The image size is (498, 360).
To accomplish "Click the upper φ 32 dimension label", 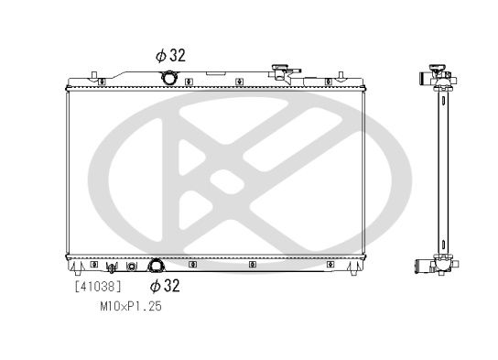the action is pos(170,56).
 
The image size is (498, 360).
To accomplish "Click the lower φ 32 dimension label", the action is pos(165,285).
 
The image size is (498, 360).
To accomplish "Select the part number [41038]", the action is pos(98,287).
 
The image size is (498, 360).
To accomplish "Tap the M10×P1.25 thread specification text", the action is pos(131,306).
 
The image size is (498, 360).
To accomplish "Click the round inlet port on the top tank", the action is pos(168,78).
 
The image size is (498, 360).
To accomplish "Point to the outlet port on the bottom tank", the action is pos(157,266).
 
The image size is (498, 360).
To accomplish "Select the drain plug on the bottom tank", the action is pos(111,267).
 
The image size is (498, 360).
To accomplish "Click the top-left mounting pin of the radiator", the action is pos(93,75).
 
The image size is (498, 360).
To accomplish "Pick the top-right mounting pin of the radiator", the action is pos(341,75).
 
